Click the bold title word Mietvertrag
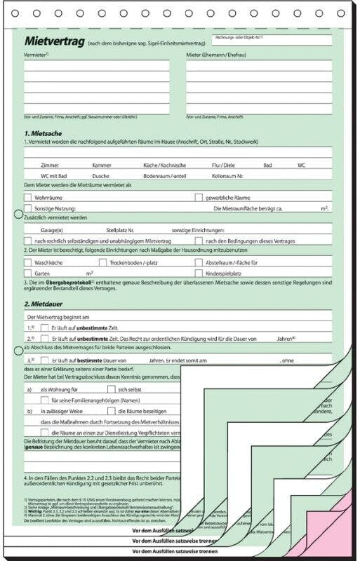tap(55, 41)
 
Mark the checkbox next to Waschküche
tap(28, 262)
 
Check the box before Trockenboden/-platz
tap(102, 262)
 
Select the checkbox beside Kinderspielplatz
tap(199, 273)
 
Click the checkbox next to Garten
tap(28, 273)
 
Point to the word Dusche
tap(100, 175)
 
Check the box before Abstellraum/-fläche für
tap(199, 262)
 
